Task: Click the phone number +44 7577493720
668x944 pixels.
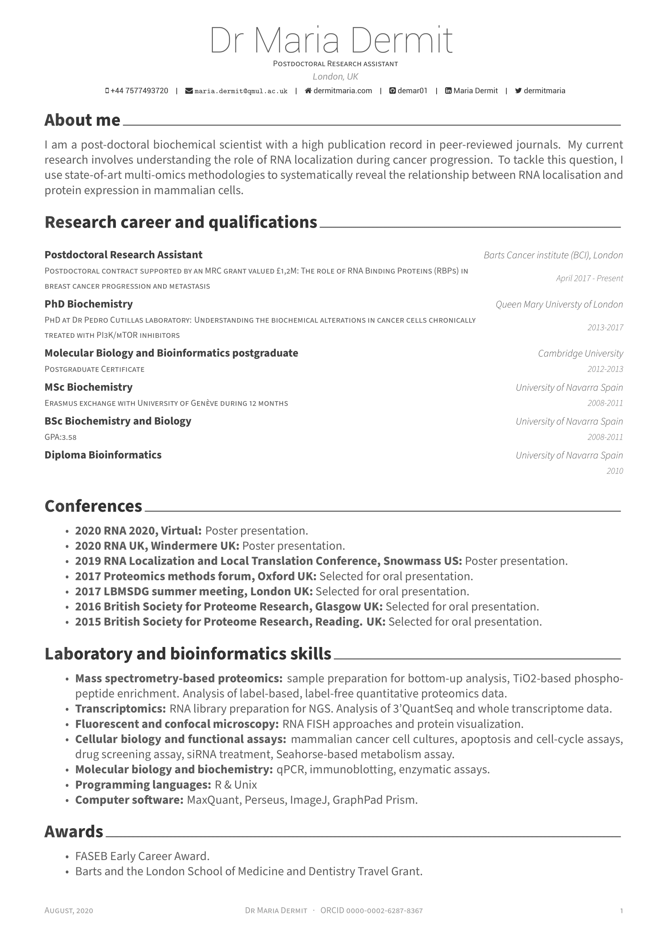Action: pos(139,91)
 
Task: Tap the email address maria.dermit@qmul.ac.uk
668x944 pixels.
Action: pos(241,91)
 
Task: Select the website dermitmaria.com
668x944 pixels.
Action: pos(342,91)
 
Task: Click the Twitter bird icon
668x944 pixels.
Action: pos(518,91)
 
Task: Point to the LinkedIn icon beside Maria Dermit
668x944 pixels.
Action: pos(448,91)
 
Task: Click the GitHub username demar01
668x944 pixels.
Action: pos(413,91)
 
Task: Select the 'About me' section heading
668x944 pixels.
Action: pos(82,120)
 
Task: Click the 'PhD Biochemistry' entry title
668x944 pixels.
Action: pos(88,304)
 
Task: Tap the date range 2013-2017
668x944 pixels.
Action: pos(605,328)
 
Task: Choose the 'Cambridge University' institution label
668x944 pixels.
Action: pos(580,354)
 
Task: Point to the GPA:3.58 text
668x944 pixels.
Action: pos(61,437)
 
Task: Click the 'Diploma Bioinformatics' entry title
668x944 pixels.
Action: pos(103,455)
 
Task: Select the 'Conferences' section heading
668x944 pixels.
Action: pos(93,506)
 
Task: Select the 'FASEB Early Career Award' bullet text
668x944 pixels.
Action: pos(142,856)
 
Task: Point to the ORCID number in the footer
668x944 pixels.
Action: pos(384,911)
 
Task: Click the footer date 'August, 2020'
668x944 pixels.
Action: pos(69,911)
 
